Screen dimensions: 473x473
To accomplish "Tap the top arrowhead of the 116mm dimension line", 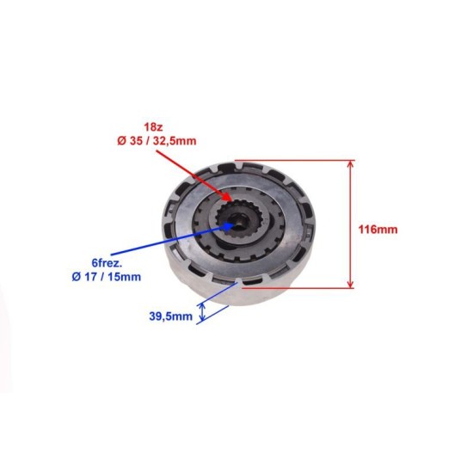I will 351,162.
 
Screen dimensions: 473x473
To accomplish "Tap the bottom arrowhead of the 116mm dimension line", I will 351,287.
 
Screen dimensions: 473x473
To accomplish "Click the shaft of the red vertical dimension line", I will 351,224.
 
